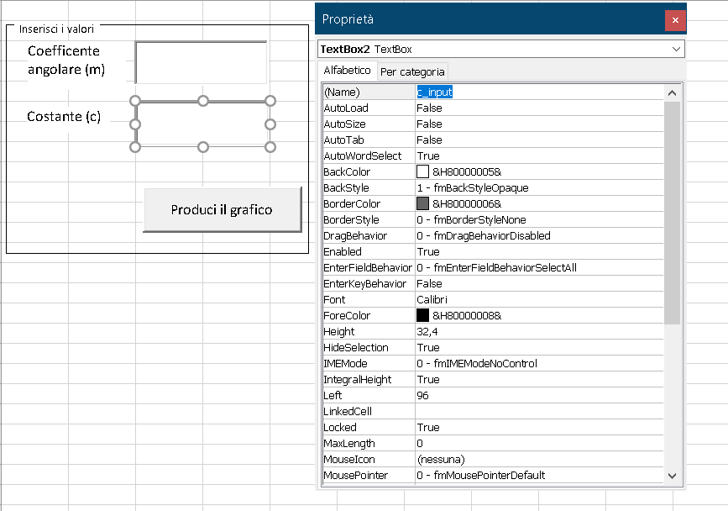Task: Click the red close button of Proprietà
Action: pos(675,20)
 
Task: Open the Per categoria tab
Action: pos(412,72)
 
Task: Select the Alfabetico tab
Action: pos(347,71)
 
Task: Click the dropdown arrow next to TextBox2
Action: pos(676,50)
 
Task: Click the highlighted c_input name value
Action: pos(435,92)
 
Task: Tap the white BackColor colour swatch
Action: pos(422,172)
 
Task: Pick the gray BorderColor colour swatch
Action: pos(422,203)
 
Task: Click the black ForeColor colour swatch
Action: pos(422,315)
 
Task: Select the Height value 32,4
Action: pos(427,332)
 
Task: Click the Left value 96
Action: pos(422,395)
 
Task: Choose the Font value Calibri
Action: pos(432,300)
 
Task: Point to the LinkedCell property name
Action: pos(348,412)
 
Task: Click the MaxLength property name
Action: pos(349,444)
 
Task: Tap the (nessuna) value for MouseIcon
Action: pos(441,460)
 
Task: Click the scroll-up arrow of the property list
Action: pos(672,93)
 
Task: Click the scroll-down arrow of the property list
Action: pos(672,476)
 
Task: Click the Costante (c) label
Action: pos(64,117)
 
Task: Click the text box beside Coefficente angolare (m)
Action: pos(201,62)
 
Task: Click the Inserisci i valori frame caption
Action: pos(56,29)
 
